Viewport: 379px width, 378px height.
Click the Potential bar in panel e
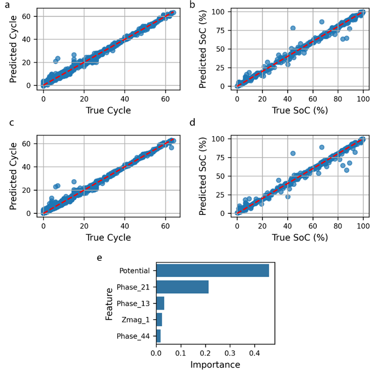(x=212, y=271)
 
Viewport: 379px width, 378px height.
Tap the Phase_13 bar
(x=160, y=303)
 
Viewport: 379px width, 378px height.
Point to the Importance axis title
(x=215, y=365)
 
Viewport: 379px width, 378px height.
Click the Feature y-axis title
(x=109, y=303)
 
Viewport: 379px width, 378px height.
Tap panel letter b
(x=192, y=4)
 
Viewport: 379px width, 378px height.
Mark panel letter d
(x=192, y=123)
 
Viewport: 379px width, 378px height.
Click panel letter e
(x=99, y=258)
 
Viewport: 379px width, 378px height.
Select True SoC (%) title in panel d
(x=300, y=238)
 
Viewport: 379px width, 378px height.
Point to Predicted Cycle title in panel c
(x=13, y=176)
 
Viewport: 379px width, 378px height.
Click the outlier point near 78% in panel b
(x=293, y=28)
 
